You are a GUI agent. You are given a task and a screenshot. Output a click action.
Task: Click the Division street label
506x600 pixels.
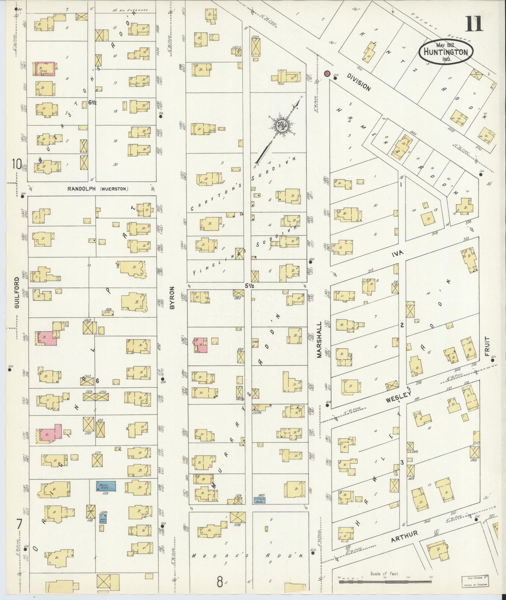(x=359, y=82)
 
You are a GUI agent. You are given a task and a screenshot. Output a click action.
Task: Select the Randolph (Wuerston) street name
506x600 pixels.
(x=98, y=189)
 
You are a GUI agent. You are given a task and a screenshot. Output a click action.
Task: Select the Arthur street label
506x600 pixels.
(x=404, y=536)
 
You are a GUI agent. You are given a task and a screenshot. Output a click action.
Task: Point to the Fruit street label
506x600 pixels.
(x=487, y=346)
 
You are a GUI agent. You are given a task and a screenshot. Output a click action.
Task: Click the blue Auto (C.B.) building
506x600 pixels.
(x=106, y=495)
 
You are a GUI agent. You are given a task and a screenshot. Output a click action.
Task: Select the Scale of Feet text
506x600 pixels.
(x=384, y=574)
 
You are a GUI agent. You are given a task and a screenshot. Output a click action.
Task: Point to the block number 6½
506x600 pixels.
(x=92, y=102)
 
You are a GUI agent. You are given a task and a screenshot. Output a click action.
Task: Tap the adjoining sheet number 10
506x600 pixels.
(x=17, y=164)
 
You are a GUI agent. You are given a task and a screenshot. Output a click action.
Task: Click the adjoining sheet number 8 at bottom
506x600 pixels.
(x=221, y=582)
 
